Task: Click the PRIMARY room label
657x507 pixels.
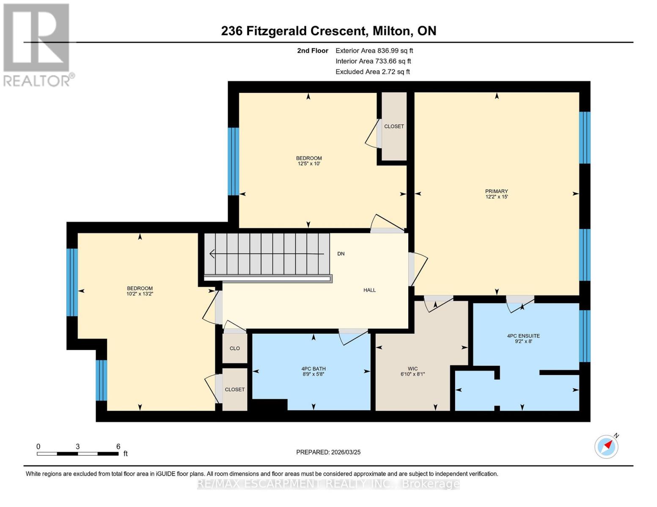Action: pos(496,191)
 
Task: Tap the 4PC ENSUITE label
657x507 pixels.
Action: pos(523,336)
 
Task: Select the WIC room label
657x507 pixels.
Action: pos(412,369)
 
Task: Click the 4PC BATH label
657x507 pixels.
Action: pos(313,369)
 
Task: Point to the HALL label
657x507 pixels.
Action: pos(369,290)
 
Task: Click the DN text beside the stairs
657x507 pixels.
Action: pos(341,254)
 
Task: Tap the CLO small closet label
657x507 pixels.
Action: pos(235,349)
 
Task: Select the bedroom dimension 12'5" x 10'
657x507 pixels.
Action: pos(309,164)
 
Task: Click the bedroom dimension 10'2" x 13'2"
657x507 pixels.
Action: pos(140,294)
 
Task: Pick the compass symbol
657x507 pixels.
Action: pos(606,446)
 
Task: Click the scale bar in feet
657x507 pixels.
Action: pos(78,454)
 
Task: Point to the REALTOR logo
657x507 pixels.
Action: pos(37,44)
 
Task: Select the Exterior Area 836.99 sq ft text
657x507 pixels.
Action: pos(374,51)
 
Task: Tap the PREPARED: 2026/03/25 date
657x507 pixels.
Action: pos(328,452)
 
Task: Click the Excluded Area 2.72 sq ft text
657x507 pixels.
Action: pos(372,72)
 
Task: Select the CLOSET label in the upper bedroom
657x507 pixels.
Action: pos(394,126)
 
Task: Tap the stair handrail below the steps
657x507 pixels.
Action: pos(268,278)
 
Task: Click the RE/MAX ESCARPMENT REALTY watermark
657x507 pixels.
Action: pos(328,484)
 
